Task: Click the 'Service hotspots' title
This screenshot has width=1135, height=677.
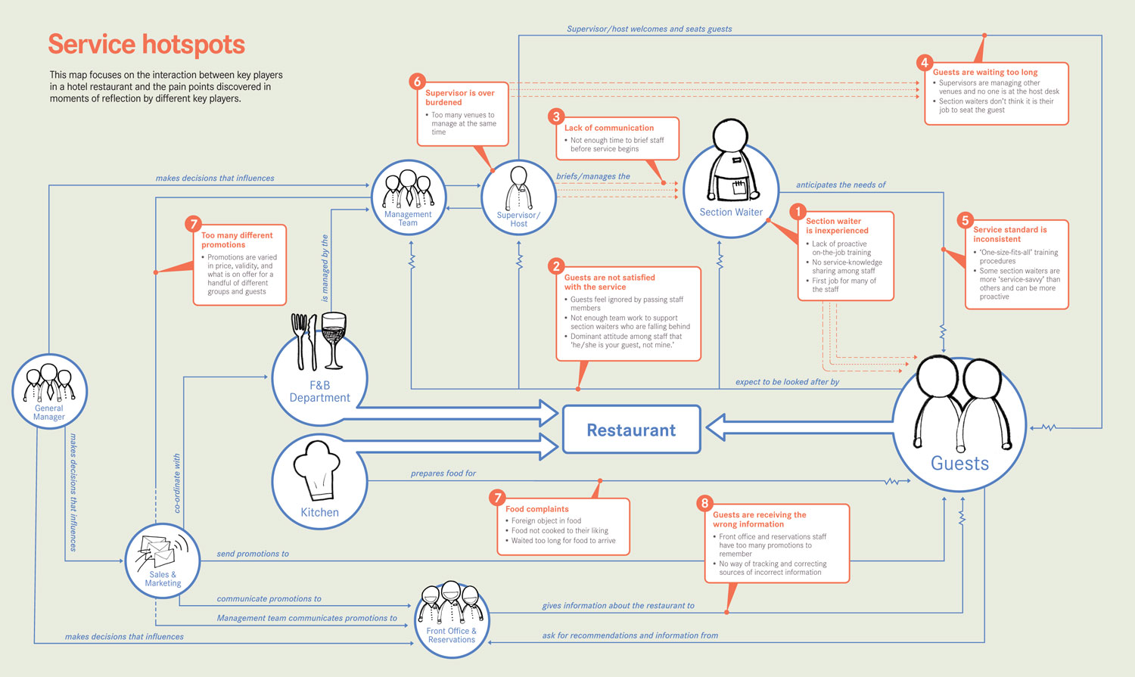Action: click(146, 45)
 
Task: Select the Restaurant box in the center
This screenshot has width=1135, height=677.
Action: click(631, 430)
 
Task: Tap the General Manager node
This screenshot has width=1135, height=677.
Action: click(49, 392)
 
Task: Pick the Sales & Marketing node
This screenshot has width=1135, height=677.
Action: click(163, 561)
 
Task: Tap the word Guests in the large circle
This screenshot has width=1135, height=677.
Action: click(959, 464)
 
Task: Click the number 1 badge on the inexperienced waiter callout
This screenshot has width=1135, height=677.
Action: click(797, 212)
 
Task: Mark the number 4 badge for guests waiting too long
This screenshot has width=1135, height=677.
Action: click(924, 63)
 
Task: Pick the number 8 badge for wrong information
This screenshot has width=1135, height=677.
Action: click(704, 503)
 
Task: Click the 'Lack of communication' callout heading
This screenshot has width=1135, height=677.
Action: click(609, 128)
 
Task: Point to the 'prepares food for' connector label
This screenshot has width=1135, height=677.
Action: click(443, 474)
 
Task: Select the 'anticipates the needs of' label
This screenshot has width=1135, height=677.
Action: click(841, 185)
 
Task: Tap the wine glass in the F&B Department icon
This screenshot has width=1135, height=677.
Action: click(333, 337)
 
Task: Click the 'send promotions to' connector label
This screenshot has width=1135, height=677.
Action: click(253, 554)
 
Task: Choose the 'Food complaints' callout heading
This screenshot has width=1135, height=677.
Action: click(537, 509)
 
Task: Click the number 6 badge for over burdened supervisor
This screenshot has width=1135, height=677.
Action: click(416, 82)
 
